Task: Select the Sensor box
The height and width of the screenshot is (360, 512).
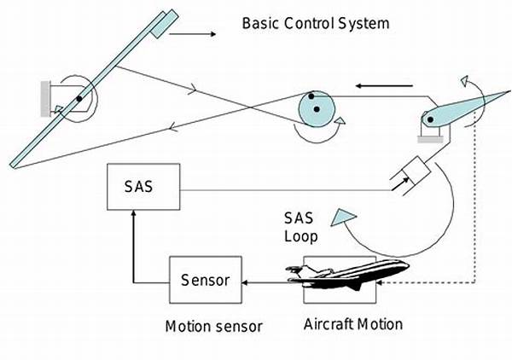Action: [204, 278]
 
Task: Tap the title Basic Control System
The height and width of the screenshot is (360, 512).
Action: [315, 22]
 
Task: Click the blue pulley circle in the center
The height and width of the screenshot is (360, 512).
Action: [314, 107]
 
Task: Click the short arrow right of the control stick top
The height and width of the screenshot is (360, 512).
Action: [197, 35]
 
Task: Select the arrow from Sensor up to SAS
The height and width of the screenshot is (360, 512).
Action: [134, 247]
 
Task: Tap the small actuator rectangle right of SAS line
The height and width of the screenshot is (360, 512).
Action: [409, 176]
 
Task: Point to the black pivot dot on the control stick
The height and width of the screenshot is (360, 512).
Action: [78, 99]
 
